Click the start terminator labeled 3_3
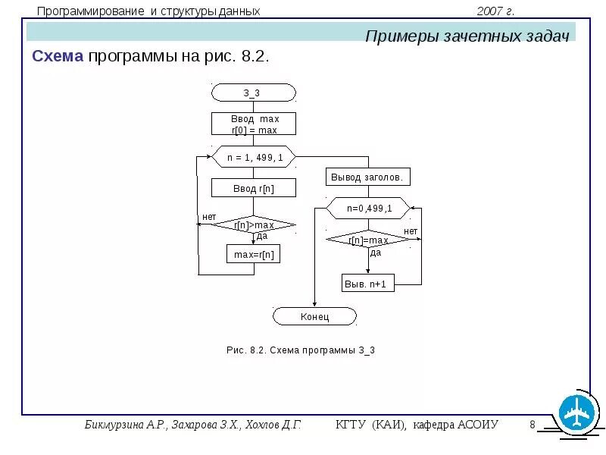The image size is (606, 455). coord(253,93)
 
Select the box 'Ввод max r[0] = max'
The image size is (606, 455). coord(253,124)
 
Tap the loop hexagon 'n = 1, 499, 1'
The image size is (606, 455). coord(253,157)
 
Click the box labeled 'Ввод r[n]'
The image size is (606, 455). coord(253,188)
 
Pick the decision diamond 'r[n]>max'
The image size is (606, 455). coord(253,224)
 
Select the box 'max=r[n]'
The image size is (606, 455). coord(253,254)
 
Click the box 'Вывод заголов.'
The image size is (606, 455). coord(368,177)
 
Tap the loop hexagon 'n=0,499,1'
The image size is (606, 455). coord(368,208)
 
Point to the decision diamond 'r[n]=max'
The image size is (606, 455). coord(368,240)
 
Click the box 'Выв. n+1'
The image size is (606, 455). coord(368,284)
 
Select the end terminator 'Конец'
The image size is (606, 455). coord(314,316)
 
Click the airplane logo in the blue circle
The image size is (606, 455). coord(579,413)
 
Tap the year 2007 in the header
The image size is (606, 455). coord(491,11)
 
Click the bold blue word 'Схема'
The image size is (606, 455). coord(58,57)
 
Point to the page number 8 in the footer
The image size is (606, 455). coord(533,424)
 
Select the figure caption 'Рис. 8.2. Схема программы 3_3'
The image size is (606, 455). coord(301,350)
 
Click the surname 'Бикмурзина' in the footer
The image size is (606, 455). coord(114,424)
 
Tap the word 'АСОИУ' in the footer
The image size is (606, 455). coord(478,424)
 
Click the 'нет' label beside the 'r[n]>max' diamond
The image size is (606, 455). coord(208,217)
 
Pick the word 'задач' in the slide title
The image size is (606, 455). coord(547,36)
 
